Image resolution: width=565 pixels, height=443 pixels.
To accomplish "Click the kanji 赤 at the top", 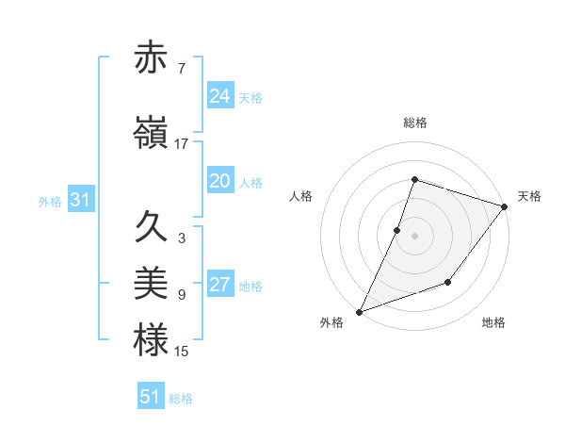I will click(152, 58).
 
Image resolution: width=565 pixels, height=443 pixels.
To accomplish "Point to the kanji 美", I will click(152, 282).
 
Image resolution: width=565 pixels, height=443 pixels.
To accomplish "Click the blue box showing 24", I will click(219, 96).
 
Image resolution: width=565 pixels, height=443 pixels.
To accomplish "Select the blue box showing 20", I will click(219, 182).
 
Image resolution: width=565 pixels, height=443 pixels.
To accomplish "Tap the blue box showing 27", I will click(219, 286).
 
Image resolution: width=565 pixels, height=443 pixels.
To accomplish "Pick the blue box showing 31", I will click(80, 201).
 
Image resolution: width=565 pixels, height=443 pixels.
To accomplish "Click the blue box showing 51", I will click(150, 397).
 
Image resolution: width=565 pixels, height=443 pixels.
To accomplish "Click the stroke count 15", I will click(182, 352).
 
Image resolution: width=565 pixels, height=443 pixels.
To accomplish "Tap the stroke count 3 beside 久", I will click(181, 238).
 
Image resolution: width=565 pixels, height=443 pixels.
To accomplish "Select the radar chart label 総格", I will click(414, 123).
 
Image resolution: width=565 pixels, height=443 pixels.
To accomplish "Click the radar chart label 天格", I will click(529, 196).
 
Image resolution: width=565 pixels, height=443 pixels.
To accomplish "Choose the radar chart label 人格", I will click(300, 196).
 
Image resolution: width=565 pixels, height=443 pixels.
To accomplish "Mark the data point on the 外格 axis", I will click(359, 311).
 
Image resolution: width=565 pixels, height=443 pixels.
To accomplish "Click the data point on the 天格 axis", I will click(506, 206).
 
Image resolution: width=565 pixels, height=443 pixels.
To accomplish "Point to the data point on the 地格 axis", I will click(448, 282).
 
